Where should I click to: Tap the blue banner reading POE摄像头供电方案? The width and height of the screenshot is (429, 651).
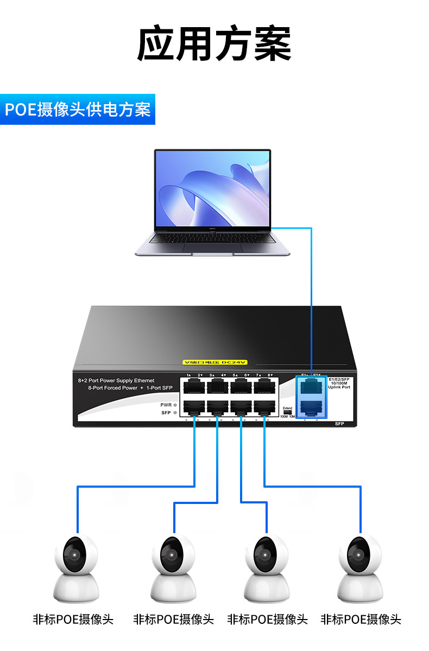(78, 109)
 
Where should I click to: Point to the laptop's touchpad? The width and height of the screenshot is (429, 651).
(212, 247)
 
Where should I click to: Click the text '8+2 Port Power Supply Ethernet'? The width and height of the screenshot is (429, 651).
(116, 381)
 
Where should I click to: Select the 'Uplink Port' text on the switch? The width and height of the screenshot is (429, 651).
(339, 387)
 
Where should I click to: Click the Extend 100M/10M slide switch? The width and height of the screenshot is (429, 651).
(287, 412)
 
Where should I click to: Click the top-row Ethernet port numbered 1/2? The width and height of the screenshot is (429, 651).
(194, 387)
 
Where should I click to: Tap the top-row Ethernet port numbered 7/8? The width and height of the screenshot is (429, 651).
(264, 387)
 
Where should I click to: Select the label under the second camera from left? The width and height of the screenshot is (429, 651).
(174, 619)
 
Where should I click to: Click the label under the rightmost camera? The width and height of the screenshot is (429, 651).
(361, 619)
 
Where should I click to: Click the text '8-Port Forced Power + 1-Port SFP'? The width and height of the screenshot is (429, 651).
(130, 388)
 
